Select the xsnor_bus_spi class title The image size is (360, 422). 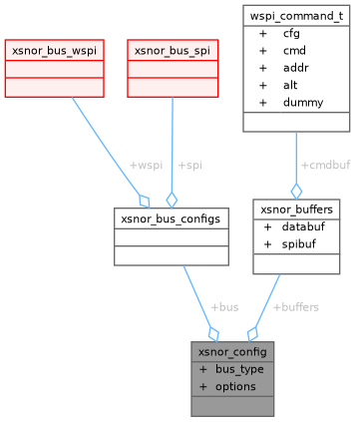(173, 49)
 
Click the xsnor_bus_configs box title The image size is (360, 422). (170, 215)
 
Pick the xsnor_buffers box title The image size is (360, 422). (296, 210)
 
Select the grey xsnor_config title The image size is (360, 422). (232, 352)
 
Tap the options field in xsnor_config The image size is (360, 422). (235, 385)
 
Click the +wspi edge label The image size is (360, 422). (145, 165)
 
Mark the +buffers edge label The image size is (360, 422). (295, 306)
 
